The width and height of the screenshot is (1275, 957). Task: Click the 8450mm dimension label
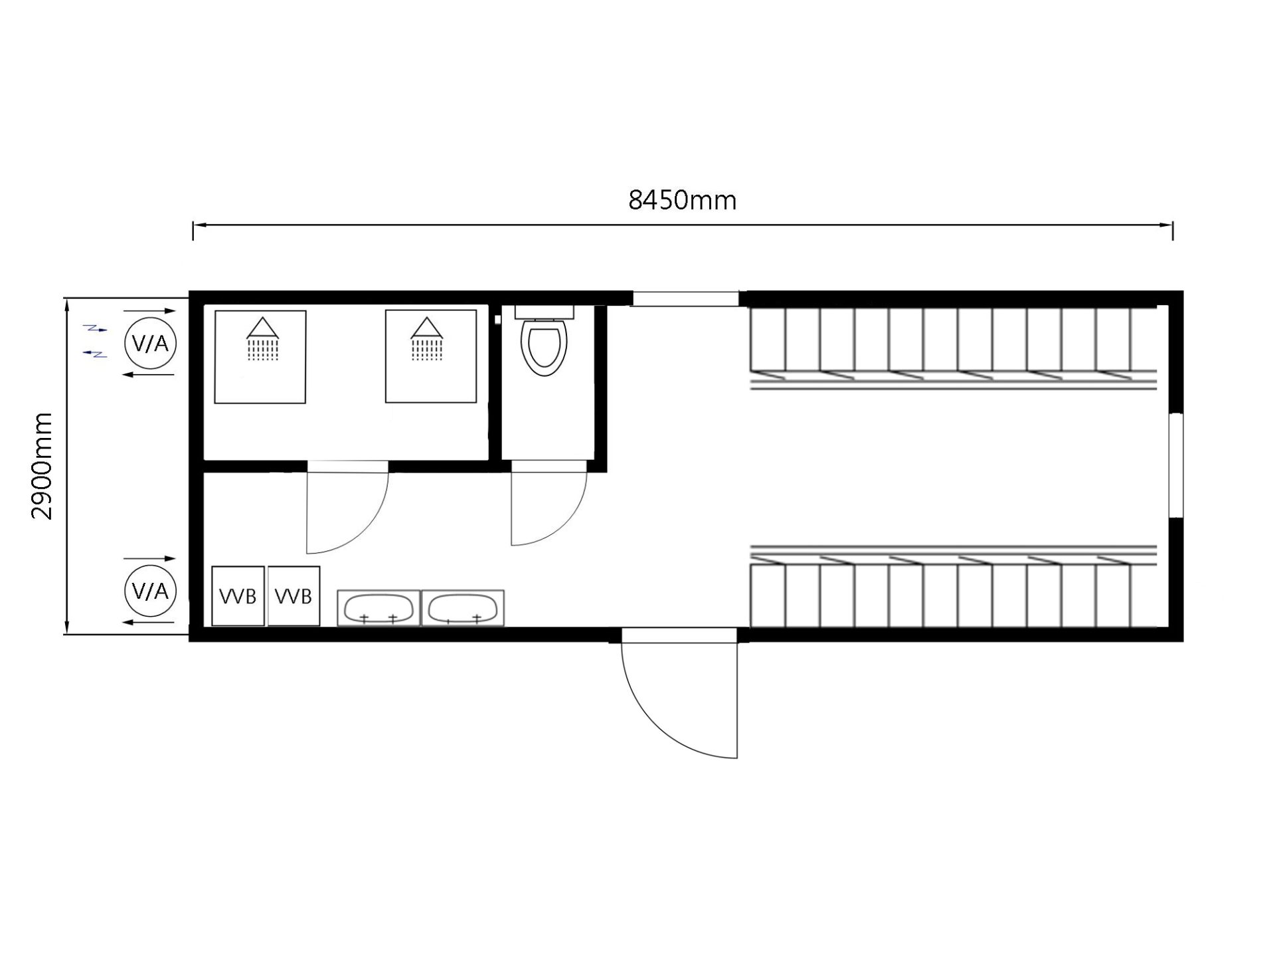(x=682, y=200)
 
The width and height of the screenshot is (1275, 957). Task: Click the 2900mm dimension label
(x=42, y=466)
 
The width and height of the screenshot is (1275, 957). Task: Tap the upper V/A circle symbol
(x=150, y=344)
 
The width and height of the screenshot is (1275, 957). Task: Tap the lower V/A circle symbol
(x=150, y=591)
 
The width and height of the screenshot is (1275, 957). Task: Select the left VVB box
(x=238, y=595)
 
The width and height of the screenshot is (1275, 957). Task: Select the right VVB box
(x=294, y=595)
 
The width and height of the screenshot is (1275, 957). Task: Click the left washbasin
(x=379, y=607)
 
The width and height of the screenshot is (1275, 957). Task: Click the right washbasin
(x=463, y=607)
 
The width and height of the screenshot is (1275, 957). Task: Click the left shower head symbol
(x=264, y=339)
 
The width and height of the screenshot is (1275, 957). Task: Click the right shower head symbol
(x=426, y=339)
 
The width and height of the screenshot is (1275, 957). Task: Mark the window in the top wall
(x=685, y=298)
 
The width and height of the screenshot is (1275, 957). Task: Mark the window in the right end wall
(x=1176, y=465)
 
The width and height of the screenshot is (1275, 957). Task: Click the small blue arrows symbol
(x=95, y=341)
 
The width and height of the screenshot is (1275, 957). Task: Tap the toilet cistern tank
(x=544, y=312)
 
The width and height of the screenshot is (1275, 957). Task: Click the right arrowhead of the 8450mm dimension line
(x=1166, y=225)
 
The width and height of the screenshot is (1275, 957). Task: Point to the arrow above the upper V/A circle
(x=150, y=310)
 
